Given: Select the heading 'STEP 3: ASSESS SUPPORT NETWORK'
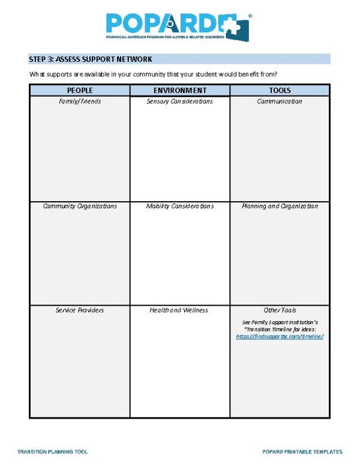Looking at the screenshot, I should (x=91, y=59).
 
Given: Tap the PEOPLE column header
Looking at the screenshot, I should (x=80, y=91).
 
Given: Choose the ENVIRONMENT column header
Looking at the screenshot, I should (x=179, y=91).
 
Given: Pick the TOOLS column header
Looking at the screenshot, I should (x=280, y=91).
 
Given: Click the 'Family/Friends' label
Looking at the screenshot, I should (x=80, y=101).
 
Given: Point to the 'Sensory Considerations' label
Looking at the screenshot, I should (x=179, y=101).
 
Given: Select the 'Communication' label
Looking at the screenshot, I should (x=280, y=101).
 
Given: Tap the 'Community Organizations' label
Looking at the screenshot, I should (x=80, y=206).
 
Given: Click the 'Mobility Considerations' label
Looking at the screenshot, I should (x=179, y=206).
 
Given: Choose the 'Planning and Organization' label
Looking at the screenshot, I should (x=280, y=206).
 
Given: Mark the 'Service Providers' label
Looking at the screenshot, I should (x=80, y=310).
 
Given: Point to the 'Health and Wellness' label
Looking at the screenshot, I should (x=179, y=310).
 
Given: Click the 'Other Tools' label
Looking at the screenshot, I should (x=280, y=310).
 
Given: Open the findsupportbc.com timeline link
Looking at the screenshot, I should (x=280, y=337).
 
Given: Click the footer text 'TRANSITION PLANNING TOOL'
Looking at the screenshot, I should (x=53, y=452).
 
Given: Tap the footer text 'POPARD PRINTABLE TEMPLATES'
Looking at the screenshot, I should (x=302, y=452).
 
